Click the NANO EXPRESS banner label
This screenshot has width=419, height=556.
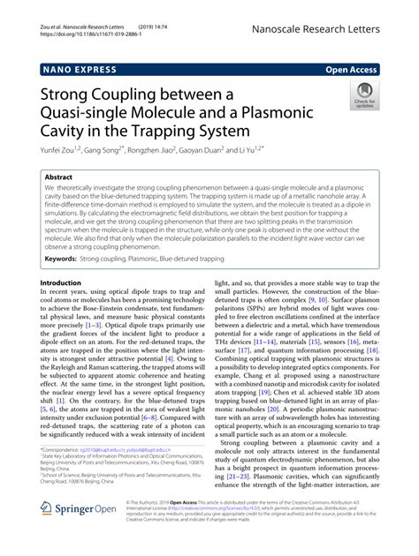click(78, 68)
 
